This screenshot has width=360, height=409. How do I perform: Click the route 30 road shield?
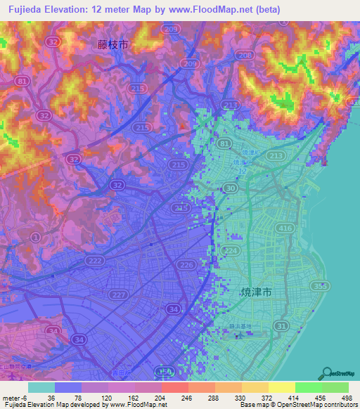[231, 188]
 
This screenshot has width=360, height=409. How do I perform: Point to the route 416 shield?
[285, 228]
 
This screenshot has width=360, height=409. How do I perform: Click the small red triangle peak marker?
[184, 127]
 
